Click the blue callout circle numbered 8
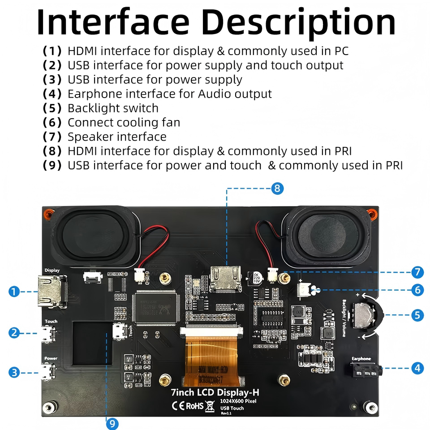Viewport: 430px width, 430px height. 278,189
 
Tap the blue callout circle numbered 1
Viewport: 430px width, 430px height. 14,292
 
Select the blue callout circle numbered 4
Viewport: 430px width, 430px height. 417,368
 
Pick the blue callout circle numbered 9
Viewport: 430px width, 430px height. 112,423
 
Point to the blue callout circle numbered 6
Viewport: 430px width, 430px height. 417,290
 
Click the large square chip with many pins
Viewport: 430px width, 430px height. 157,307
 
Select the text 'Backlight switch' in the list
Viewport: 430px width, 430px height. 113,108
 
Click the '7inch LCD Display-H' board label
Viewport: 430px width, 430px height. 215,393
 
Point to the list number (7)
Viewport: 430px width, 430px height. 52,137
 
